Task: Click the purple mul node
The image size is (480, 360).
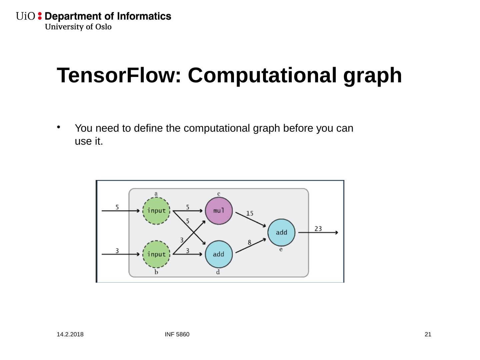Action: (x=219, y=211)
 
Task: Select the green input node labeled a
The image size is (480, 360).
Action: (x=156, y=211)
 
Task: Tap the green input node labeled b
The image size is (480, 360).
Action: (x=156, y=254)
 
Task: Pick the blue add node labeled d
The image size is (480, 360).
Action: (x=219, y=254)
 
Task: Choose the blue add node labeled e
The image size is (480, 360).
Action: (x=281, y=232)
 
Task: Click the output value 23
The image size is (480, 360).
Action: (x=318, y=228)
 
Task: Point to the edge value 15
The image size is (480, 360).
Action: (x=250, y=213)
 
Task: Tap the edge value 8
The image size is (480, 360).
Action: (x=249, y=242)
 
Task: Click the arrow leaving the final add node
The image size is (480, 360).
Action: (x=318, y=232)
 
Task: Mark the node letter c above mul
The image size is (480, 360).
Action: (x=219, y=194)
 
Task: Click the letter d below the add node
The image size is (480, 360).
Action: (x=218, y=272)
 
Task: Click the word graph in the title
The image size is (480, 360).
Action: (x=373, y=76)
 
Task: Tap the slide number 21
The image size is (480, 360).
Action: (x=428, y=334)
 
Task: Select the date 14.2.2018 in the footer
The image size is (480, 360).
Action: (x=70, y=334)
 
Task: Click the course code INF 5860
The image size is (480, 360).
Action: (x=177, y=334)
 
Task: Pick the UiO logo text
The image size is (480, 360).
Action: (x=25, y=16)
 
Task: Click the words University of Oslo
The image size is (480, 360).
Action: (x=78, y=27)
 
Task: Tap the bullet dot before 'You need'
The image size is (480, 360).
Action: (x=59, y=127)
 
